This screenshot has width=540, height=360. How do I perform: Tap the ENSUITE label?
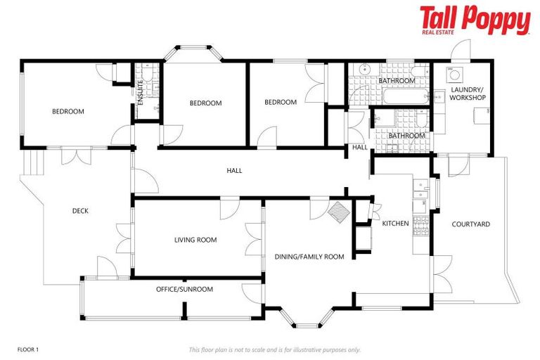click(141, 92)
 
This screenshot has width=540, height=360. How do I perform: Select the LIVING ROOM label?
click(195, 240)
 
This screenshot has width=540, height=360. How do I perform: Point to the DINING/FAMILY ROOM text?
click(309, 257)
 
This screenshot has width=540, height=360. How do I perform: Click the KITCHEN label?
click(395, 224)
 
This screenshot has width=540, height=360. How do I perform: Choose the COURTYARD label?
click(470, 224)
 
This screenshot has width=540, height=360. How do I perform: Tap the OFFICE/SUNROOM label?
click(184, 289)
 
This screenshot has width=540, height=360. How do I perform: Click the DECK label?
click(80, 211)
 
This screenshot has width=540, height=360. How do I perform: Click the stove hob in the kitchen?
click(420, 226)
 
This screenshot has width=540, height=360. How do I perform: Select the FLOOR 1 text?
click(27, 349)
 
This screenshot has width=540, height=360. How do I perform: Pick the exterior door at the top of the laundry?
click(461, 51)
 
